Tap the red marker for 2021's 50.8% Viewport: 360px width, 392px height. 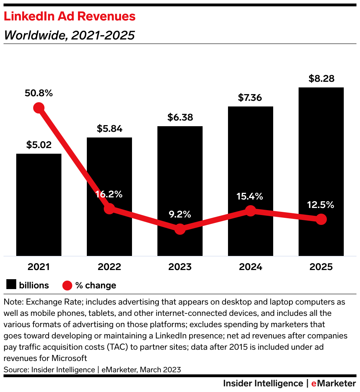click(39, 108)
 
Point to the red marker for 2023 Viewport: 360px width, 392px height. click(180, 229)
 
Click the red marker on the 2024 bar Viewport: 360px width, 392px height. click(250, 211)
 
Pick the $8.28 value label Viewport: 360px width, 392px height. click(321, 79)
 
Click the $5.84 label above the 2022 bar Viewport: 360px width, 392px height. click(109, 129)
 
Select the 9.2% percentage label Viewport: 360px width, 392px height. click(180, 214)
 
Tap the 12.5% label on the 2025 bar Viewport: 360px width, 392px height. click(320, 205)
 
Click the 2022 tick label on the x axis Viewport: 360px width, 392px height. click(109, 267)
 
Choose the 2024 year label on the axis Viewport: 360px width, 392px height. click(250, 267)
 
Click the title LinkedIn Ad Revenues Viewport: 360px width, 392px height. click(70, 16)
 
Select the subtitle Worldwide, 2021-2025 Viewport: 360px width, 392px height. click(69, 35)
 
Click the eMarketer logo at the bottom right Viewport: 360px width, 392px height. click(334, 383)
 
